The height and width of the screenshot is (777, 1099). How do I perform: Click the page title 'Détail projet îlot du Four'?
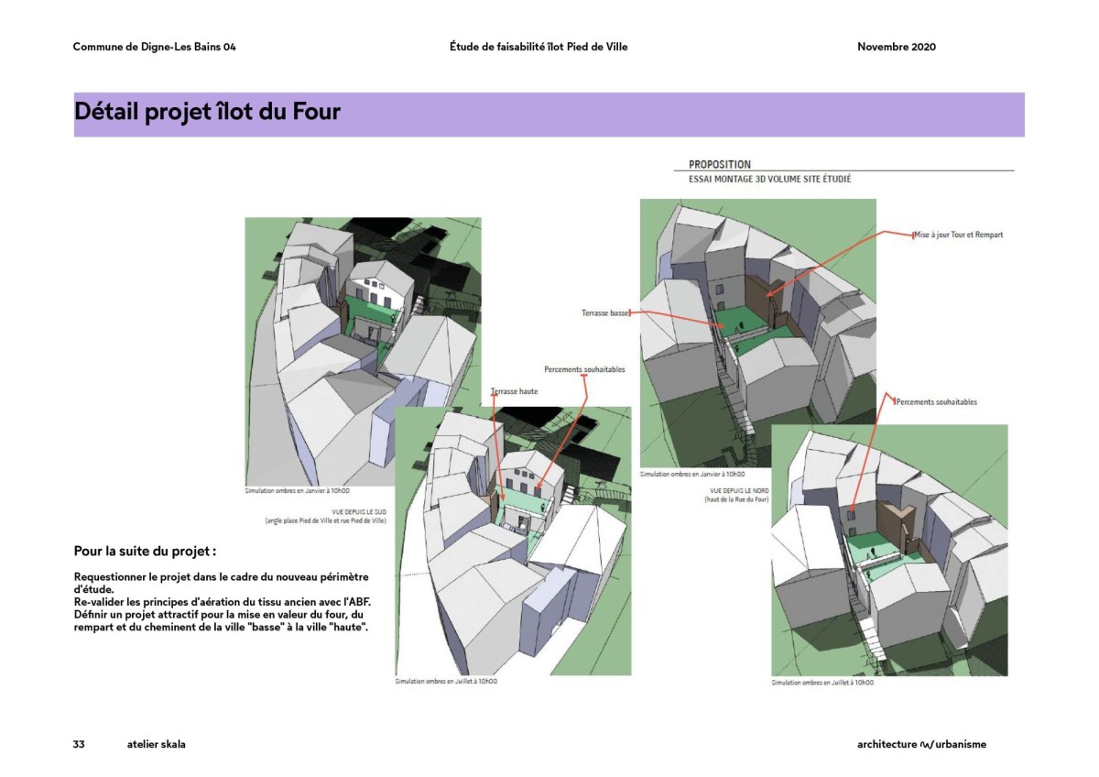point(207,113)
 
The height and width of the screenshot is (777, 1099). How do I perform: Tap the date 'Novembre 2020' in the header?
point(896,48)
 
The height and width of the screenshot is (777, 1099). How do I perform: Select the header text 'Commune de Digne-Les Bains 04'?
point(154,48)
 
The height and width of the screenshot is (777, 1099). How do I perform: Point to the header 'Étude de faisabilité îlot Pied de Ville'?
point(539,48)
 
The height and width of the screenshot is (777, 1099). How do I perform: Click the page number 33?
point(79,744)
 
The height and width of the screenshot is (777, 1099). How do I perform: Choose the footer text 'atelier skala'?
point(157,744)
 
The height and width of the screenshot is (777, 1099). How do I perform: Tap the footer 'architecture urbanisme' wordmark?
point(915,744)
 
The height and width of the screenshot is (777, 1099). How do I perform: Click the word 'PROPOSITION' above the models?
point(720,165)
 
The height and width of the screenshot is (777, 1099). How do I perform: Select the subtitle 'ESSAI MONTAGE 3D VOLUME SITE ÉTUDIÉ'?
point(769,180)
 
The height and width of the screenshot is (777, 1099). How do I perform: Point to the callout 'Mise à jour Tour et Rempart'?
point(958,235)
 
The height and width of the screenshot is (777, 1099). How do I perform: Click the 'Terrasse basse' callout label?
point(605,313)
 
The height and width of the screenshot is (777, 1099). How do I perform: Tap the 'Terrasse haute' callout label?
point(515,391)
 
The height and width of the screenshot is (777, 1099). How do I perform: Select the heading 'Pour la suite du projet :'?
point(145,552)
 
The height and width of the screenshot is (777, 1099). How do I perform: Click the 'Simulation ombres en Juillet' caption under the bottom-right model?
point(822,683)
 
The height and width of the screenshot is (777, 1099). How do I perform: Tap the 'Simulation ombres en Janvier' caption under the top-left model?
point(298,491)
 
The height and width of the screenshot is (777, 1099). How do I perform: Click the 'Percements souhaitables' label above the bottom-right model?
point(936,402)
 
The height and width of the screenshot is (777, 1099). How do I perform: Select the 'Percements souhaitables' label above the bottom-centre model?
point(584,369)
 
